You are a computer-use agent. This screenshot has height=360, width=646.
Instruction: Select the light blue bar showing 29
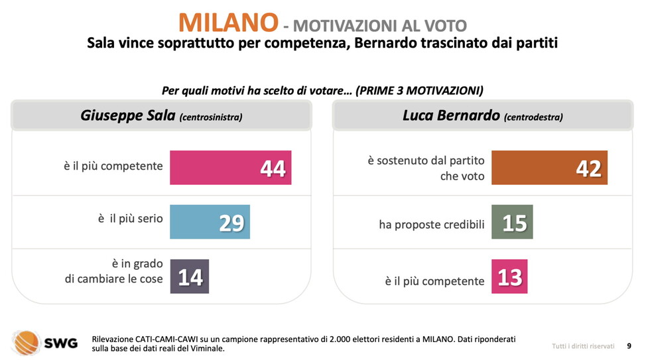coord(210,221)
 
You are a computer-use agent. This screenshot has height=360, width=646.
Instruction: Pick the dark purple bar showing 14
coord(190,276)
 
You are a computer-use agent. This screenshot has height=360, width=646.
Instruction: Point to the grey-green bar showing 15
coord(511,221)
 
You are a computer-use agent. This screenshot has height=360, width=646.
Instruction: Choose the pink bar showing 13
coord(509,276)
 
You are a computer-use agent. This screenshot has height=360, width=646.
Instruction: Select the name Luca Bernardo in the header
coord(451,115)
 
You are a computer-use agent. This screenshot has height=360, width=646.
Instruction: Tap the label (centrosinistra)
coord(211,117)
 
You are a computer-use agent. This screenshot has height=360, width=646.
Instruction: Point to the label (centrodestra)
coord(533,117)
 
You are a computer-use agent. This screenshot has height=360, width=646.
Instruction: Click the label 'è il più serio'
coord(131,218)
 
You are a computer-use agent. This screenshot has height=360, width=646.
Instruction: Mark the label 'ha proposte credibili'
coord(432,225)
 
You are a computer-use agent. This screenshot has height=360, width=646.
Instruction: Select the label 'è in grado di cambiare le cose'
coord(113,271)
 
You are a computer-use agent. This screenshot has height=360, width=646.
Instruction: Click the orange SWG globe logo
coord(27,341)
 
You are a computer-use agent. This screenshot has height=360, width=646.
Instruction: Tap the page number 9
coord(628,345)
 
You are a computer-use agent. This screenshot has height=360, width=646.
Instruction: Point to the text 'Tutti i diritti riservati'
coord(583,346)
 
